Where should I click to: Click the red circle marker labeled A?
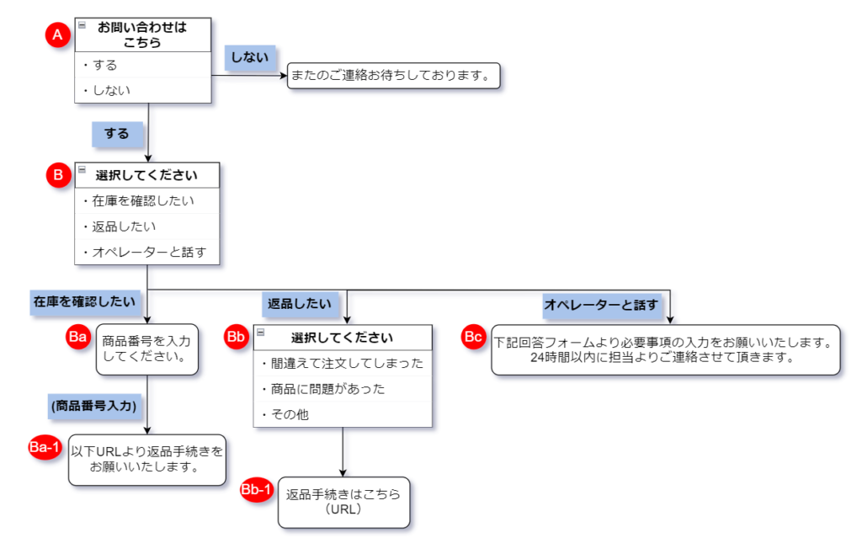point(58,35)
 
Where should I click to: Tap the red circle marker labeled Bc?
point(473,337)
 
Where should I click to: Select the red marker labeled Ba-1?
point(45,447)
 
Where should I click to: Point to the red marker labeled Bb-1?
point(257,490)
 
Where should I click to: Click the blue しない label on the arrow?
point(250,58)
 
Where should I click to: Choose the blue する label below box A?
point(117,134)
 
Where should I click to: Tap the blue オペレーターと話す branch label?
point(601,305)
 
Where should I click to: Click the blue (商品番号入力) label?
point(94,407)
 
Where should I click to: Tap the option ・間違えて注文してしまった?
point(343,364)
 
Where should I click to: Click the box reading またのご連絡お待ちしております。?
point(394,76)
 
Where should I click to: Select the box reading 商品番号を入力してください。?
point(146,349)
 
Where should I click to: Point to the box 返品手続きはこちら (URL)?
point(343,503)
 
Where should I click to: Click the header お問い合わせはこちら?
point(143,35)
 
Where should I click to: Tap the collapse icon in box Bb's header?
point(261,333)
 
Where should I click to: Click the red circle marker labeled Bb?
point(236,337)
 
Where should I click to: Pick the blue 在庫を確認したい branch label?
point(85,302)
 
